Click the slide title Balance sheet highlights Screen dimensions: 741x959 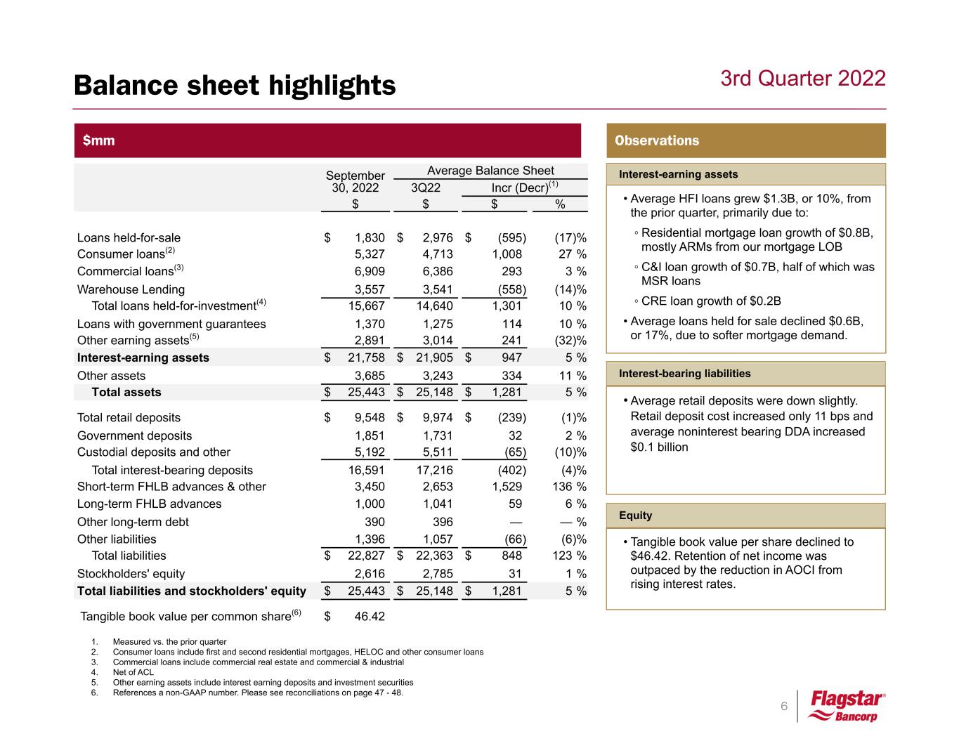(x=235, y=86)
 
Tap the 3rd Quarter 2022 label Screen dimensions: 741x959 (x=802, y=78)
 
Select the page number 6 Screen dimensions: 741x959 (x=784, y=706)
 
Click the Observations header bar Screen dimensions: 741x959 (x=745, y=140)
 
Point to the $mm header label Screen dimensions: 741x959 (x=99, y=140)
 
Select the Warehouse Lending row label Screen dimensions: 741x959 (x=131, y=289)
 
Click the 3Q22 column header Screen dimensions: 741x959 (x=426, y=188)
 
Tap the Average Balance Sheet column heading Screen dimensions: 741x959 (x=490, y=171)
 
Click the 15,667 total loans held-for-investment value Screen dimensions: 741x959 (x=362, y=306)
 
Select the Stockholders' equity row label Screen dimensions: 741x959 (x=131, y=574)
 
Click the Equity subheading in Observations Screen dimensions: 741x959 (x=635, y=516)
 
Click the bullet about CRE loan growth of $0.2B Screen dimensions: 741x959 (x=711, y=301)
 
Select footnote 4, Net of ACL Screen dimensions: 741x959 (x=133, y=672)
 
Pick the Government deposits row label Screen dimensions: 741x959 (x=134, y=435)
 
